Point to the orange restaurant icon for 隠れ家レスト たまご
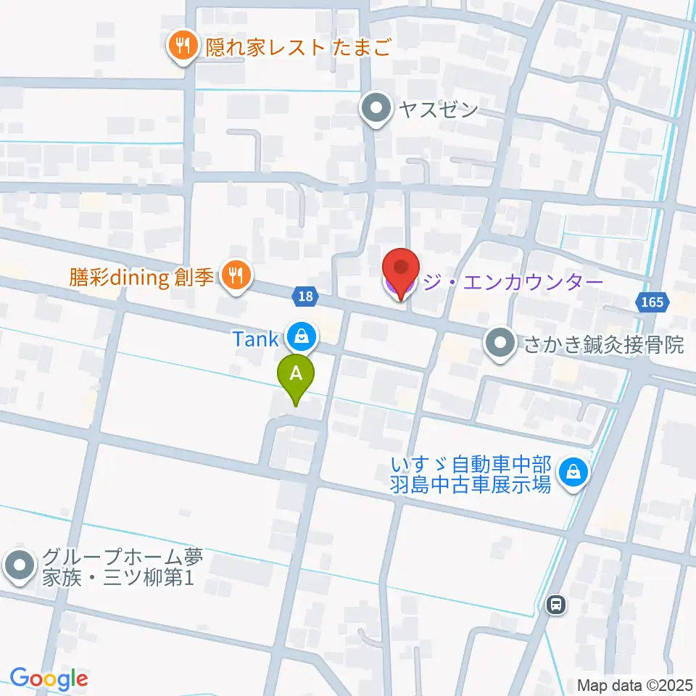point(181,47)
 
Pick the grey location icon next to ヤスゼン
point(376,109)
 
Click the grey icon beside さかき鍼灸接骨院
point(500,344)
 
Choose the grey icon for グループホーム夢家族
point(20,567)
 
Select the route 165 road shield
point(652,302)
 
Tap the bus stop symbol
point(556,603)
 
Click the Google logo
point(49,679)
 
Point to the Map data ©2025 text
point(635,685)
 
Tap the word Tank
point(255,339)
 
